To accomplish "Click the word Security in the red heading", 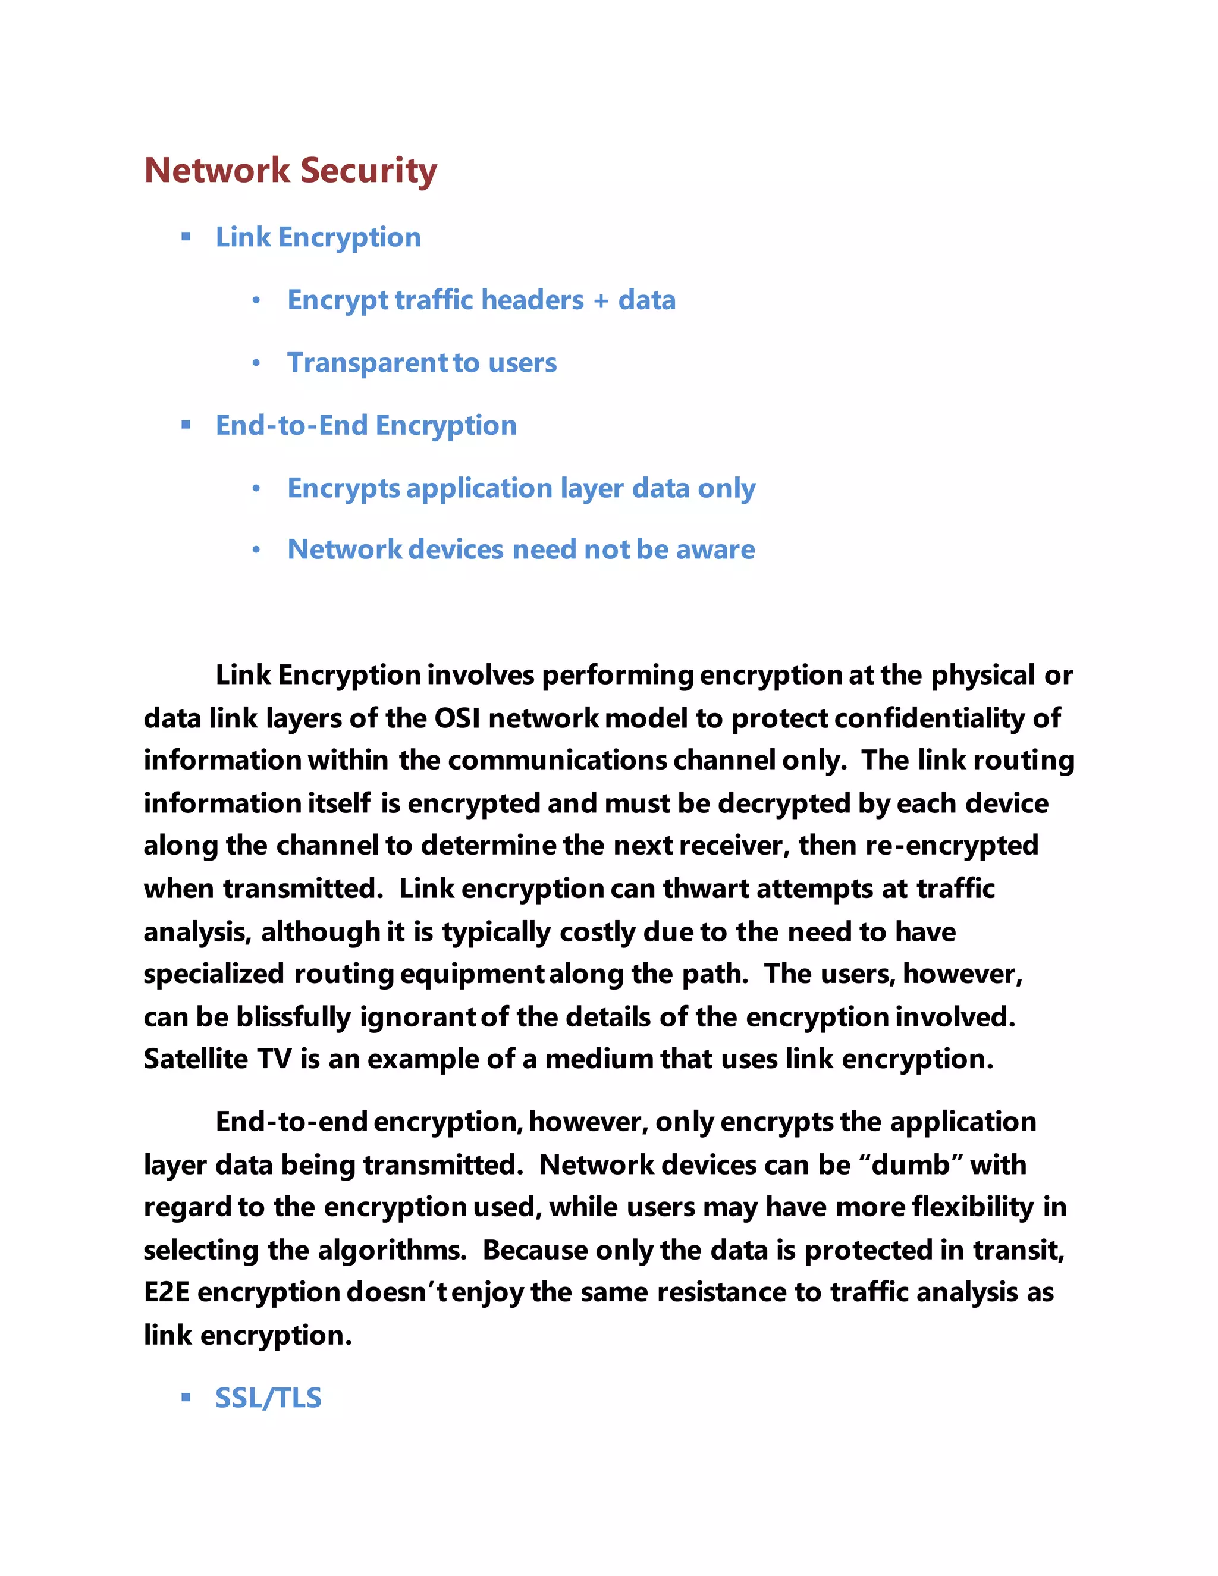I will point(368,171).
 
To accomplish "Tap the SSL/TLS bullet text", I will point(268,1398).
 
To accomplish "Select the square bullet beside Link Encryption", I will point(186,236).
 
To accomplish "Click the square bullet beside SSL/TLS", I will point(186,1397).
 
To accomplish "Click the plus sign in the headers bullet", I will point(601,300).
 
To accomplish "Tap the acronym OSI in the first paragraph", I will point(457,718).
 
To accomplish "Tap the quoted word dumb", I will point(911,1164).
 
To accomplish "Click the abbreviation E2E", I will point(167,1292).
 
